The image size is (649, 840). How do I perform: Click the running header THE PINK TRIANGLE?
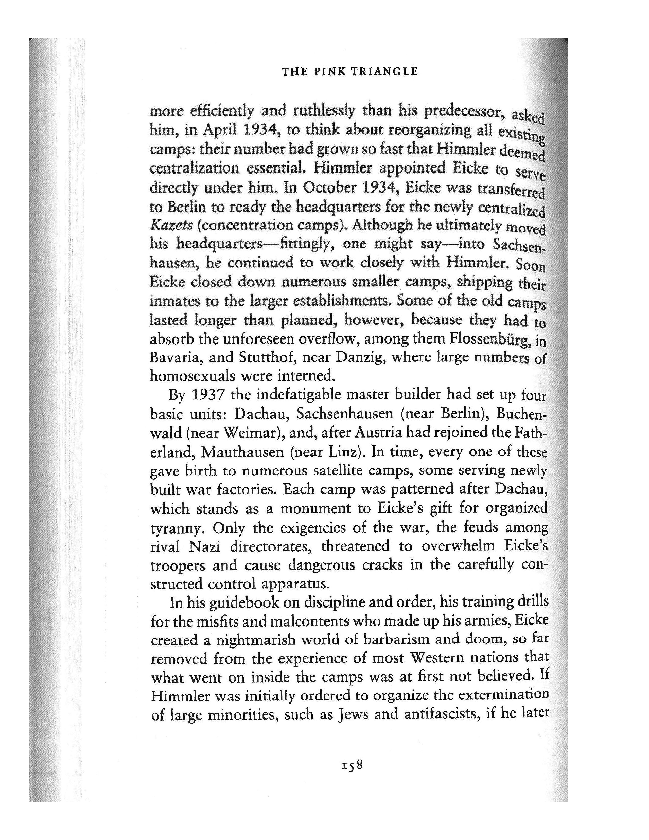(x=350, y=72)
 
